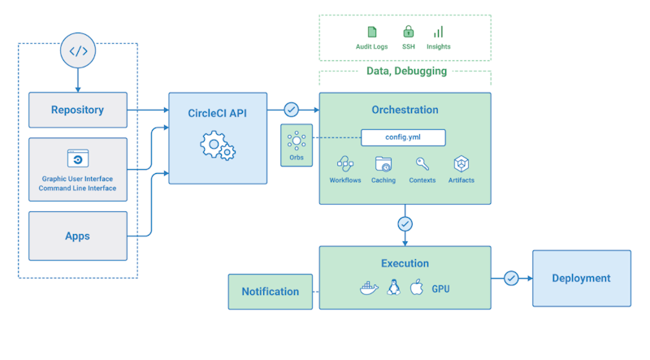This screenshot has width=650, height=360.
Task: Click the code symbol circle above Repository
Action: pos(78,52)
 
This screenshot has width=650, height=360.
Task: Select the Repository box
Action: pos(78,110)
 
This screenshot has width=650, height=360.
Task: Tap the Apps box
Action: pos(78,236)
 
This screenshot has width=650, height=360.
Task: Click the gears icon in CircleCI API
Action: pos(217,147)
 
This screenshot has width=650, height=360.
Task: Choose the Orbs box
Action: pos(297,145)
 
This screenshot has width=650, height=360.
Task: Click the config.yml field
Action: pos(402,137)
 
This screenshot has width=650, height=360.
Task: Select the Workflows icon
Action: pos(345,163)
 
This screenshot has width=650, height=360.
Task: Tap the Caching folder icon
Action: pos(383,163)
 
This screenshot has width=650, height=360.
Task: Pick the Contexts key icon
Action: pos(422,163)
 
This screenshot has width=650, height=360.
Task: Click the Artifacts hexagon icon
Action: pos(461,163)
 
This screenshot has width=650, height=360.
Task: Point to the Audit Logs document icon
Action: pos(372,33)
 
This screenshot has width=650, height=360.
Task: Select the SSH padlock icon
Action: pos(408,33)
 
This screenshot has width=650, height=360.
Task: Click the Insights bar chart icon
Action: pos(439,33)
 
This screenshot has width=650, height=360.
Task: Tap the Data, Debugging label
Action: pos(407,71)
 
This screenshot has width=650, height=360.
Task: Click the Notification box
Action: pos(270,291)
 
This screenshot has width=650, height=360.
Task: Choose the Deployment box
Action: pos(581,278)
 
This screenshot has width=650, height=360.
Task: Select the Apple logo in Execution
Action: pos(418,288)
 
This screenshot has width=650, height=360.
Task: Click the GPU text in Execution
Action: pos(441,288)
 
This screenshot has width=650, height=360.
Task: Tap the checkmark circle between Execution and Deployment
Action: pos(511,278)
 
